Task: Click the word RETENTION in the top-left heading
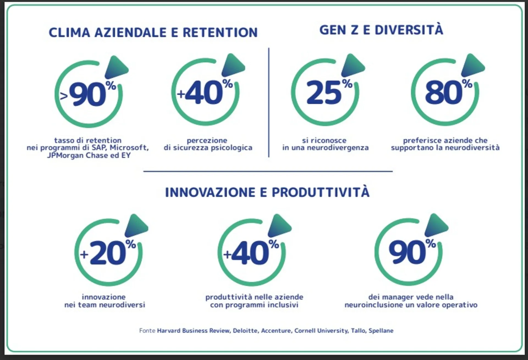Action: click(x=220, y=32)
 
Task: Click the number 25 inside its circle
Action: click(x=324, y=93)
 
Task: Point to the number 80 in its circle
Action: click(x=444, y=93)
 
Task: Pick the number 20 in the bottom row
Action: click(x=108, y=253)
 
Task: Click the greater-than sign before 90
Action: click(x=64, y=96)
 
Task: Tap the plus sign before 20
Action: click(x=84, y=254)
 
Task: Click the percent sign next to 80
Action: click(x=467, y=83)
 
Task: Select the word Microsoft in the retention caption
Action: click(x=129, y=148)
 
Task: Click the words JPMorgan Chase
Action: click(x=78, y=156)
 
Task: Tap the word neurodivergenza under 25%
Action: click(x=338, y=148)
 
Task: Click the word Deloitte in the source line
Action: click(x=245, y=331)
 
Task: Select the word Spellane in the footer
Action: click(x=381, y=331)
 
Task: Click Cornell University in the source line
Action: click(x=321, y=331)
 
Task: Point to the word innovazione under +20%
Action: click(x=104, y=297)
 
